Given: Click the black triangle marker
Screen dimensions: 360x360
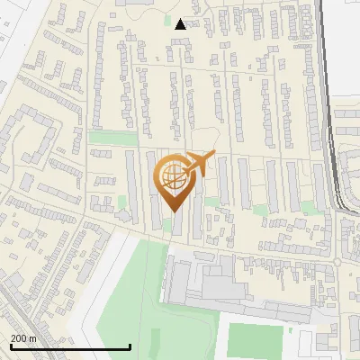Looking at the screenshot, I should click(x=181, y=24).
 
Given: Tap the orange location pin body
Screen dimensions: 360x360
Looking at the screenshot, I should click(x=173, y=179).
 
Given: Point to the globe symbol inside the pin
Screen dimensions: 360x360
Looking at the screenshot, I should click(x=172, y=176).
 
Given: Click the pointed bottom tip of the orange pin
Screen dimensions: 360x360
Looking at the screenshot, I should click(x=172, y=211).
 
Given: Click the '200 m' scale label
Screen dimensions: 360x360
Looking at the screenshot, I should click(x=23, y=338).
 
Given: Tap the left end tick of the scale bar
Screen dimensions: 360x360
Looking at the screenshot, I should click(x=11, y=345).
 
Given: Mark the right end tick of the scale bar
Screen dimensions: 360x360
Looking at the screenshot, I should click(x=130, y=345).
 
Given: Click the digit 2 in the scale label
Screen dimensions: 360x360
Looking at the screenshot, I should click(x=13, y=338).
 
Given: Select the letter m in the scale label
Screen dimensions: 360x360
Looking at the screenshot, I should click(x=32, y=338).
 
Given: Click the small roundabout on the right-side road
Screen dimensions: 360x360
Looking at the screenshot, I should click(x=337, y=262).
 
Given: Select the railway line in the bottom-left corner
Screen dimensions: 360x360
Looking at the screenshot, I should click(x=18, y=297).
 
